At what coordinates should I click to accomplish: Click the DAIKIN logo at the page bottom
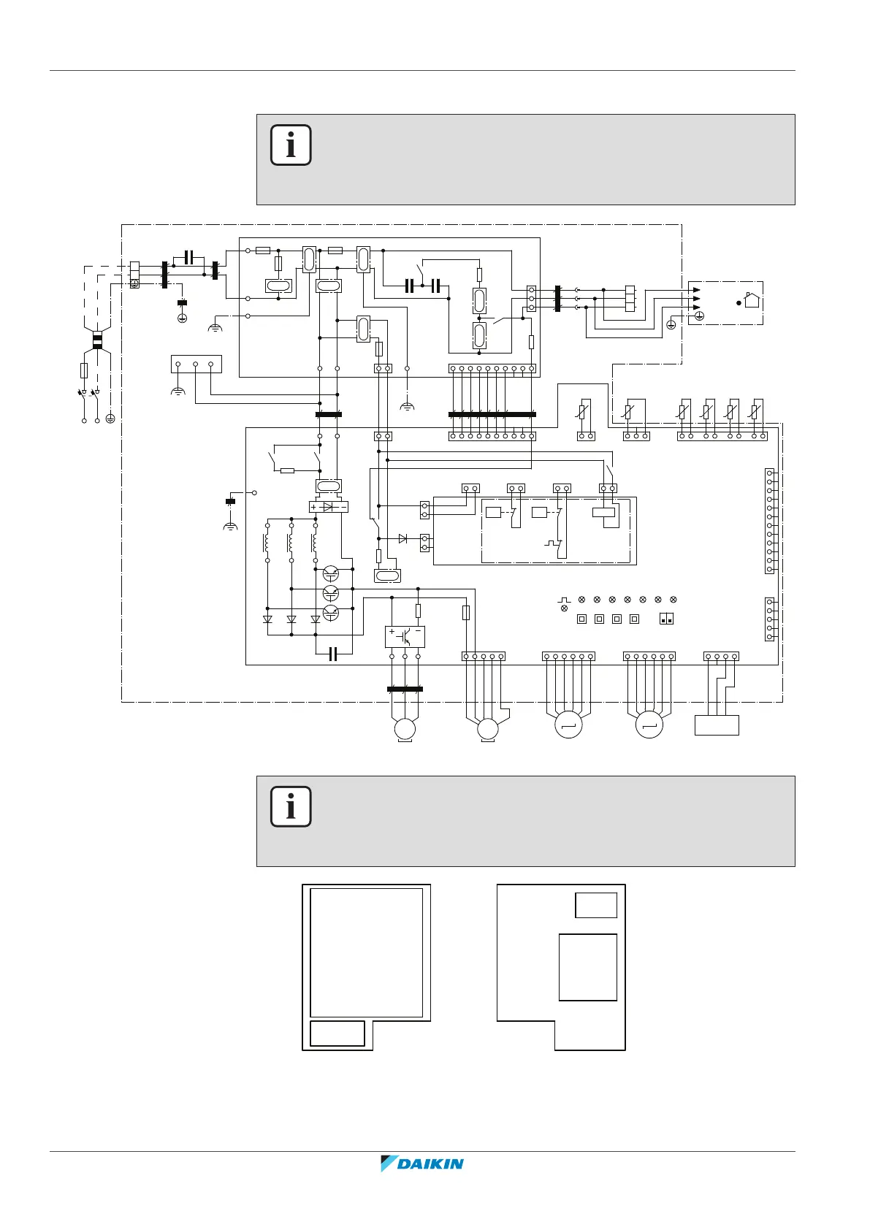point(422,1163)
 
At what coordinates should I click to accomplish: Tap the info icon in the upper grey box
point(291,145)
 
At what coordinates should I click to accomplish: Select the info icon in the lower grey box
point(291,806)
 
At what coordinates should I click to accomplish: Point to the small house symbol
point(752,299)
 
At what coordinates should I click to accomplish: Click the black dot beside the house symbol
point(739,302)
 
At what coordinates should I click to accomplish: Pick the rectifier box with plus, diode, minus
point(328,506)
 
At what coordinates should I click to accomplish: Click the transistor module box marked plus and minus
point(405,636)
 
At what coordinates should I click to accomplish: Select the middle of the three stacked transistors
point(330,592)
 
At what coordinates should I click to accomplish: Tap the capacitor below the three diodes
point(333,654)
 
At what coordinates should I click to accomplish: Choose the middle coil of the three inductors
point(291,543)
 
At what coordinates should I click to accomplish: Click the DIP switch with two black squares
point(665,619)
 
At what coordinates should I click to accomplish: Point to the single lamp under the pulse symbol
point(564,608)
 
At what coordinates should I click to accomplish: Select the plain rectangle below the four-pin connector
point(717,725)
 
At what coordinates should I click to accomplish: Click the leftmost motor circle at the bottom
point(404,728)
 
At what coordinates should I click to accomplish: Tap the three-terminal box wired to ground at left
point(196,364)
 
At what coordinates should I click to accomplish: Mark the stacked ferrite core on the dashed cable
point(97,340)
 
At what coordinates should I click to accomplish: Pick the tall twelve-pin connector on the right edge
point(769,522)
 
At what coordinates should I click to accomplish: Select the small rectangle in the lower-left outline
point(337,1033)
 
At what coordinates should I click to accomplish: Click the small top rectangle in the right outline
point(596,905)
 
